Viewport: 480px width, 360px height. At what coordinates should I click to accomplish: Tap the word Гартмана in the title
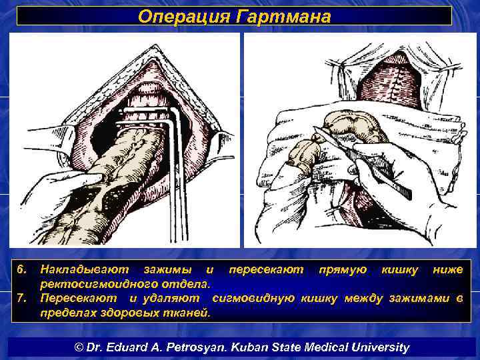click(283, 16)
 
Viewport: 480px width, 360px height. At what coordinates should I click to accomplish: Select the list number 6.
click(22, 269)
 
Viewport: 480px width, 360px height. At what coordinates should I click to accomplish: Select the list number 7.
click(22, 297)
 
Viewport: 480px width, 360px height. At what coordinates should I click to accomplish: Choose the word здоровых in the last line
click(127, 311)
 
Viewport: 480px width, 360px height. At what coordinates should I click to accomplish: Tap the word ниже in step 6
click(447, 269)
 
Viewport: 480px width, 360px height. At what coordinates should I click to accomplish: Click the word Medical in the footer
click(326, 347)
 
